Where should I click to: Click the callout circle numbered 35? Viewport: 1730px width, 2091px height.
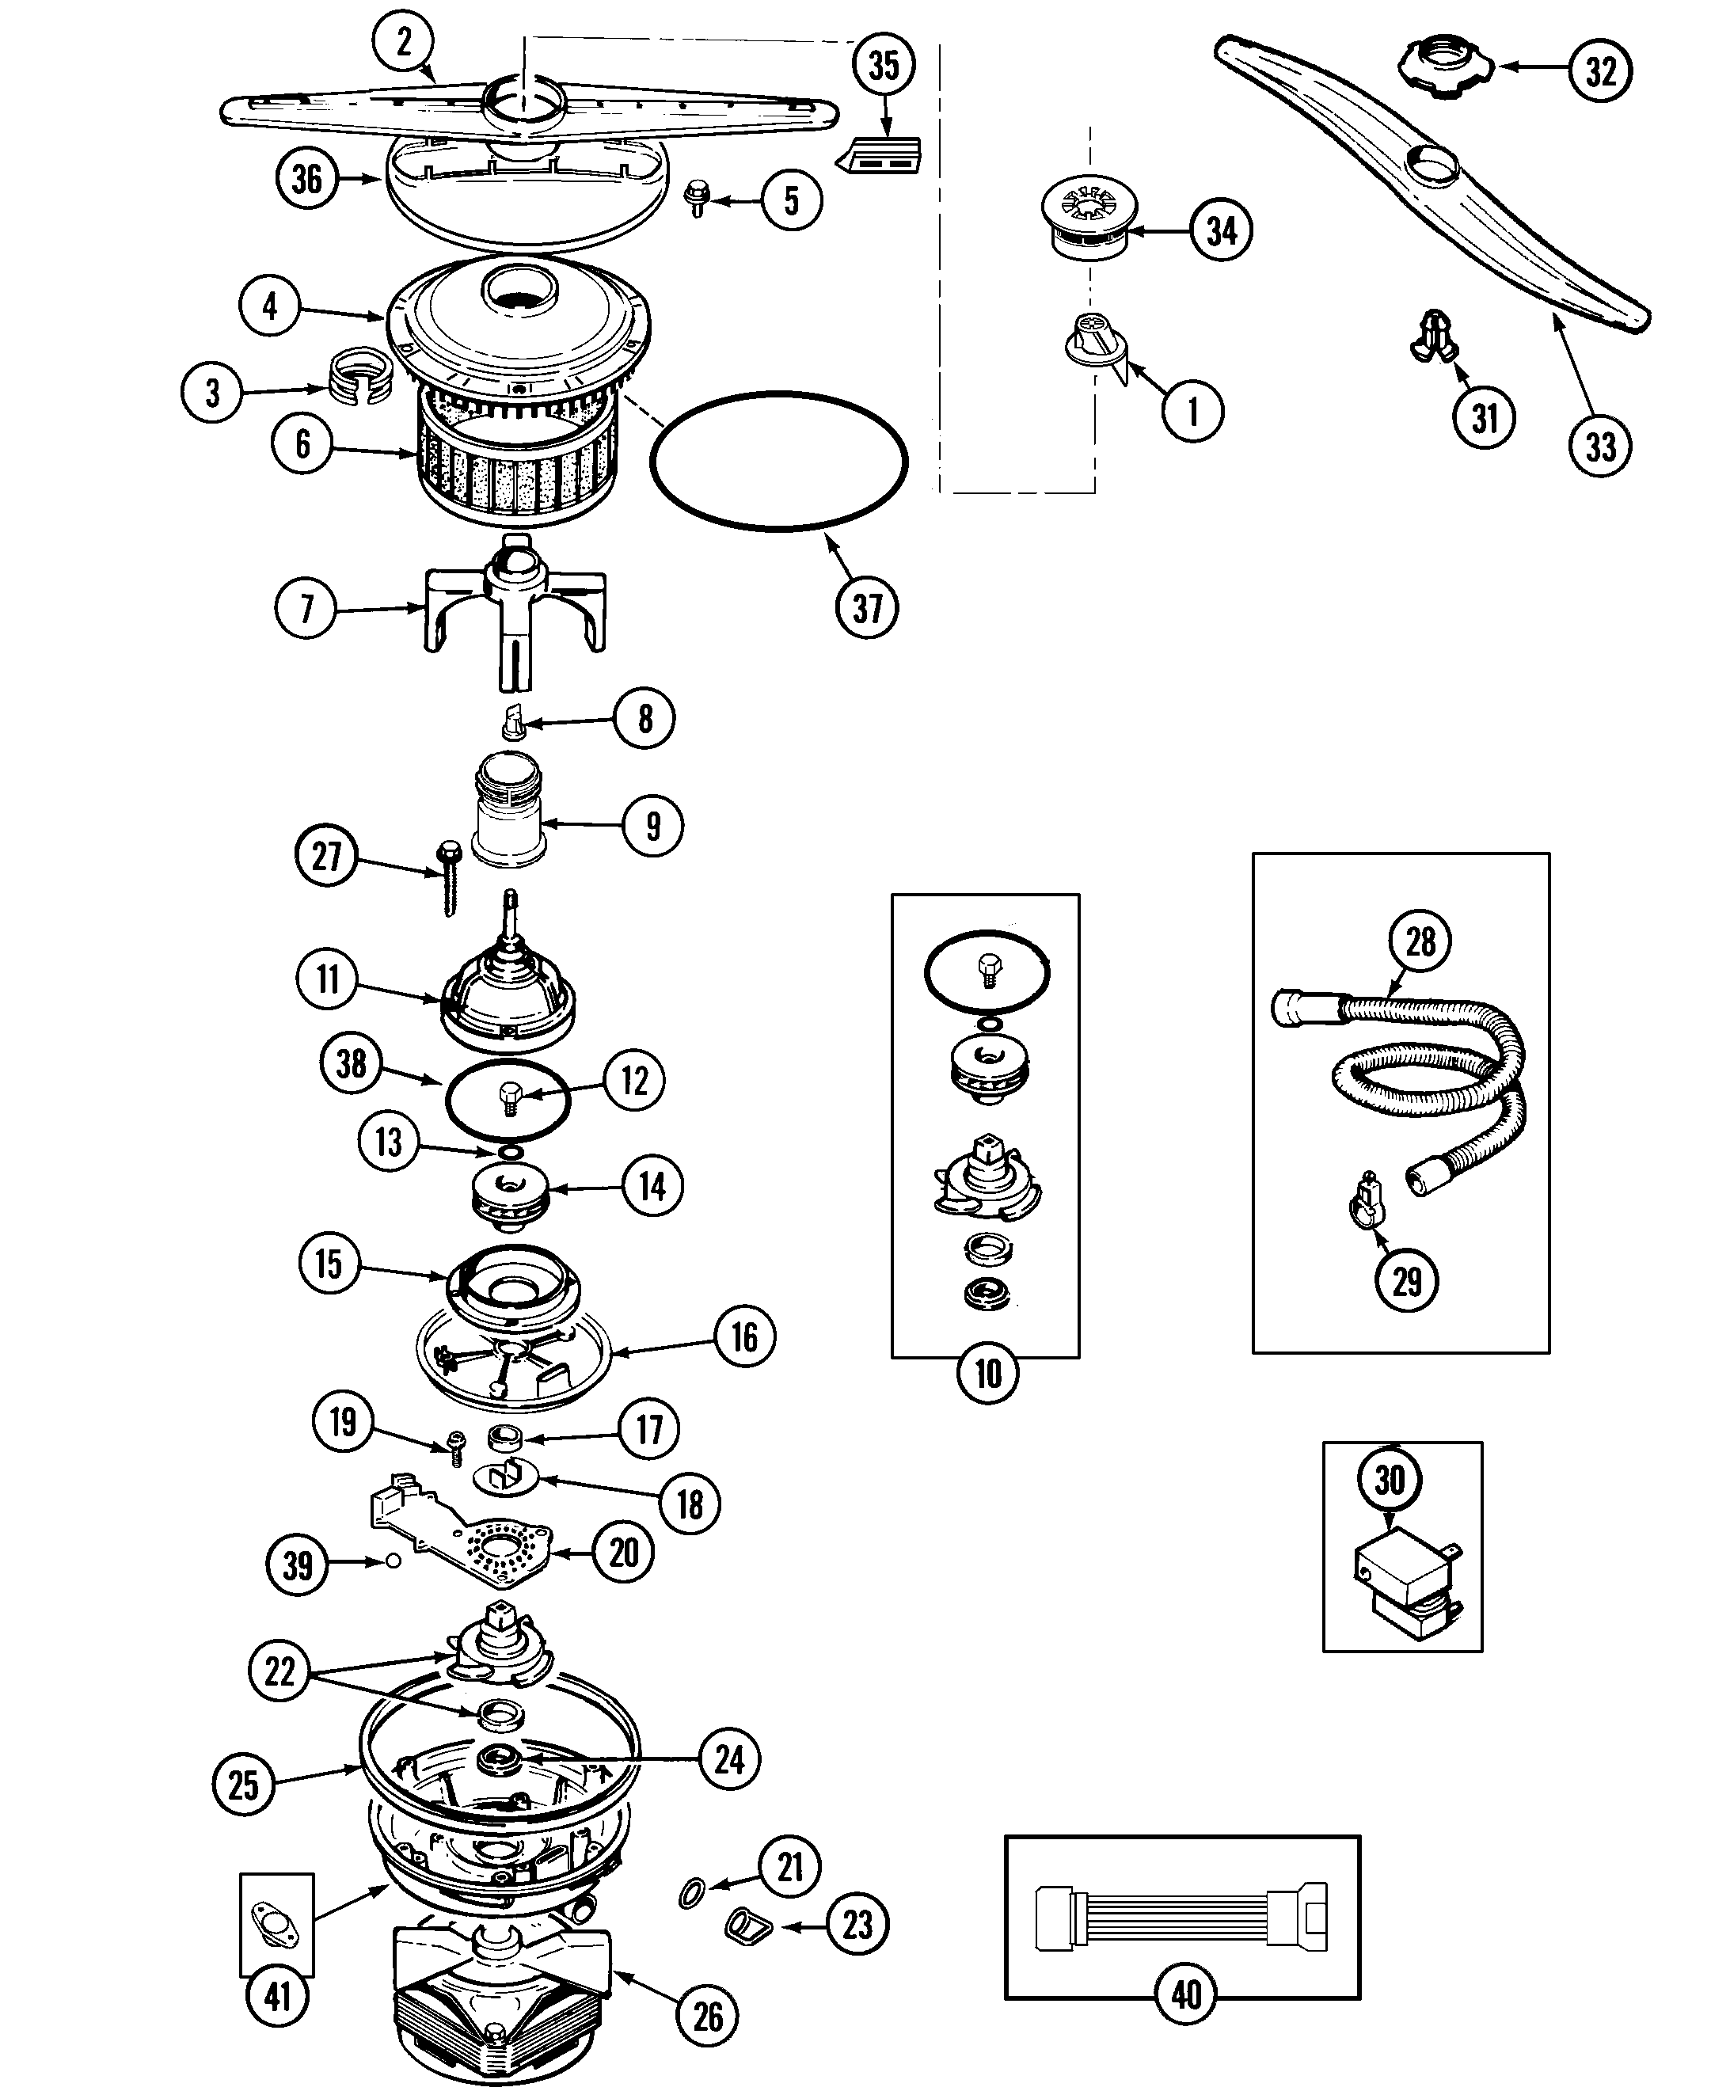(884, 66)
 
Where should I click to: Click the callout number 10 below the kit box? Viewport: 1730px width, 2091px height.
(987, 1373)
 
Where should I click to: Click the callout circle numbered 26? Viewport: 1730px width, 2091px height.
(707, 2017)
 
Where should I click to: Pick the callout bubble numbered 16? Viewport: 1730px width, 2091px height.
(744, 1337)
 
